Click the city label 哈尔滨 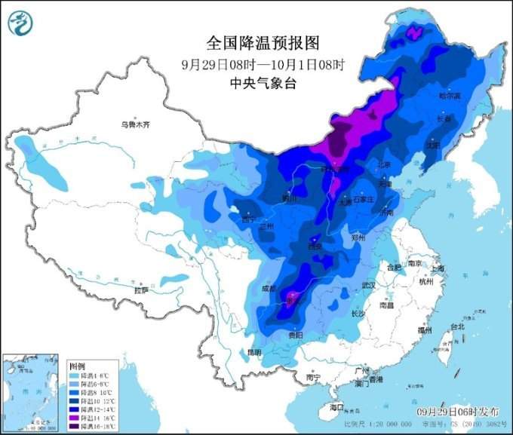pos(450,96)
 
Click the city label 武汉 pos(368,285)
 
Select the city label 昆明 pos(253,352)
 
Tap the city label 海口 pos(336,408)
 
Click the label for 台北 pos(458,327)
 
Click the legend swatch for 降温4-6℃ pos(74,375)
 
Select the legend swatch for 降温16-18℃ pos(74,425)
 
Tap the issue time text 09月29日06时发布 pos(458,413)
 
